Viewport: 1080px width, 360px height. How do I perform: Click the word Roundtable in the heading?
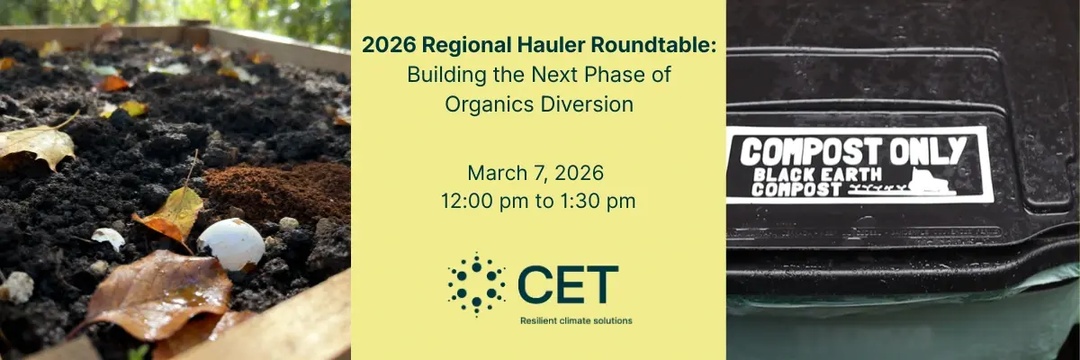click(x=653, y=45)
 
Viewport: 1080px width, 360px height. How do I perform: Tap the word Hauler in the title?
click(x=551, y=45)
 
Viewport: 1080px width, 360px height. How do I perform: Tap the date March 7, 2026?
click(x=535, y=173)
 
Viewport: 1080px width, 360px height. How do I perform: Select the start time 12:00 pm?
click(x=484, y=202)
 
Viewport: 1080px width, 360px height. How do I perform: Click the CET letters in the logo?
click(x=568, y=284)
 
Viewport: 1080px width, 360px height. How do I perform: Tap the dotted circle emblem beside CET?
click(x=476, y=284)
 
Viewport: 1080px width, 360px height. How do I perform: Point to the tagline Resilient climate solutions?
click(x=576, y=321)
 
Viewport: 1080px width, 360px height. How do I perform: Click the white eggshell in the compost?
click(x=231, y=244)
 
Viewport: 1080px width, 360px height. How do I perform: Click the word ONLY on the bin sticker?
click(x=928, y=151)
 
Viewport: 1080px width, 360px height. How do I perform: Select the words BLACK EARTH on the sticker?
click(x=818, y=175)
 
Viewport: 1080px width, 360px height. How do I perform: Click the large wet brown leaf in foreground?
click(x=159, y=293)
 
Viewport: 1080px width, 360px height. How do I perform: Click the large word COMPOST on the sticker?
click(x=811, y=152)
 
